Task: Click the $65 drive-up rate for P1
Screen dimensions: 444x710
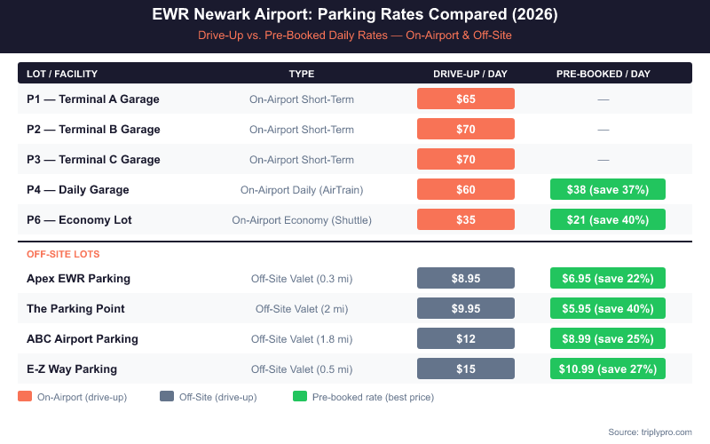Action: [x=466, y=99]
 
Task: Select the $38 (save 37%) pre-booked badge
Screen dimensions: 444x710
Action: [x=607, y=189]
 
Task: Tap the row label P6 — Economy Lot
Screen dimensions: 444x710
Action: [x=79, y=219]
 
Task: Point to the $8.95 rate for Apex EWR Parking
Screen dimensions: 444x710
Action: [x=466, y=278]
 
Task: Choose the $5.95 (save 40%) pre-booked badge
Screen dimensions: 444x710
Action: [x=607, y=308]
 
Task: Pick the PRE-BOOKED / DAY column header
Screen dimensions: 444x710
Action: [x=603, y=74]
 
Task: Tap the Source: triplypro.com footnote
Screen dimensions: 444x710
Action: [x=650, y=432]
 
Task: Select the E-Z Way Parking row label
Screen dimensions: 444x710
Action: [x=72, y=369]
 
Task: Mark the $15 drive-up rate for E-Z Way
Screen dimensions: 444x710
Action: [x=466, y=369]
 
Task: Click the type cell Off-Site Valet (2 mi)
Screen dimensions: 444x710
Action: [x=302, y=308]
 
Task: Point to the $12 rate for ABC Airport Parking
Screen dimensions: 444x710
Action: [x=466, y=338]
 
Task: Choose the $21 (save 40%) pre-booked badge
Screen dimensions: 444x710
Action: [x=607, y=219]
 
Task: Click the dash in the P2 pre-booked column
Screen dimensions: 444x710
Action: [x=603, y=129]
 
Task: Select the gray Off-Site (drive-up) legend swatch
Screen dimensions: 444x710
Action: [x=166, y=397]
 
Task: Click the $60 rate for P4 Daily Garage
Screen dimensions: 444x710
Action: [x=466, y=189]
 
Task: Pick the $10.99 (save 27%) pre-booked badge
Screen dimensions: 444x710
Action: [x=607, y=369]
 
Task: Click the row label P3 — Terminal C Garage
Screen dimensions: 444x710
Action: [x=93, y=159]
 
